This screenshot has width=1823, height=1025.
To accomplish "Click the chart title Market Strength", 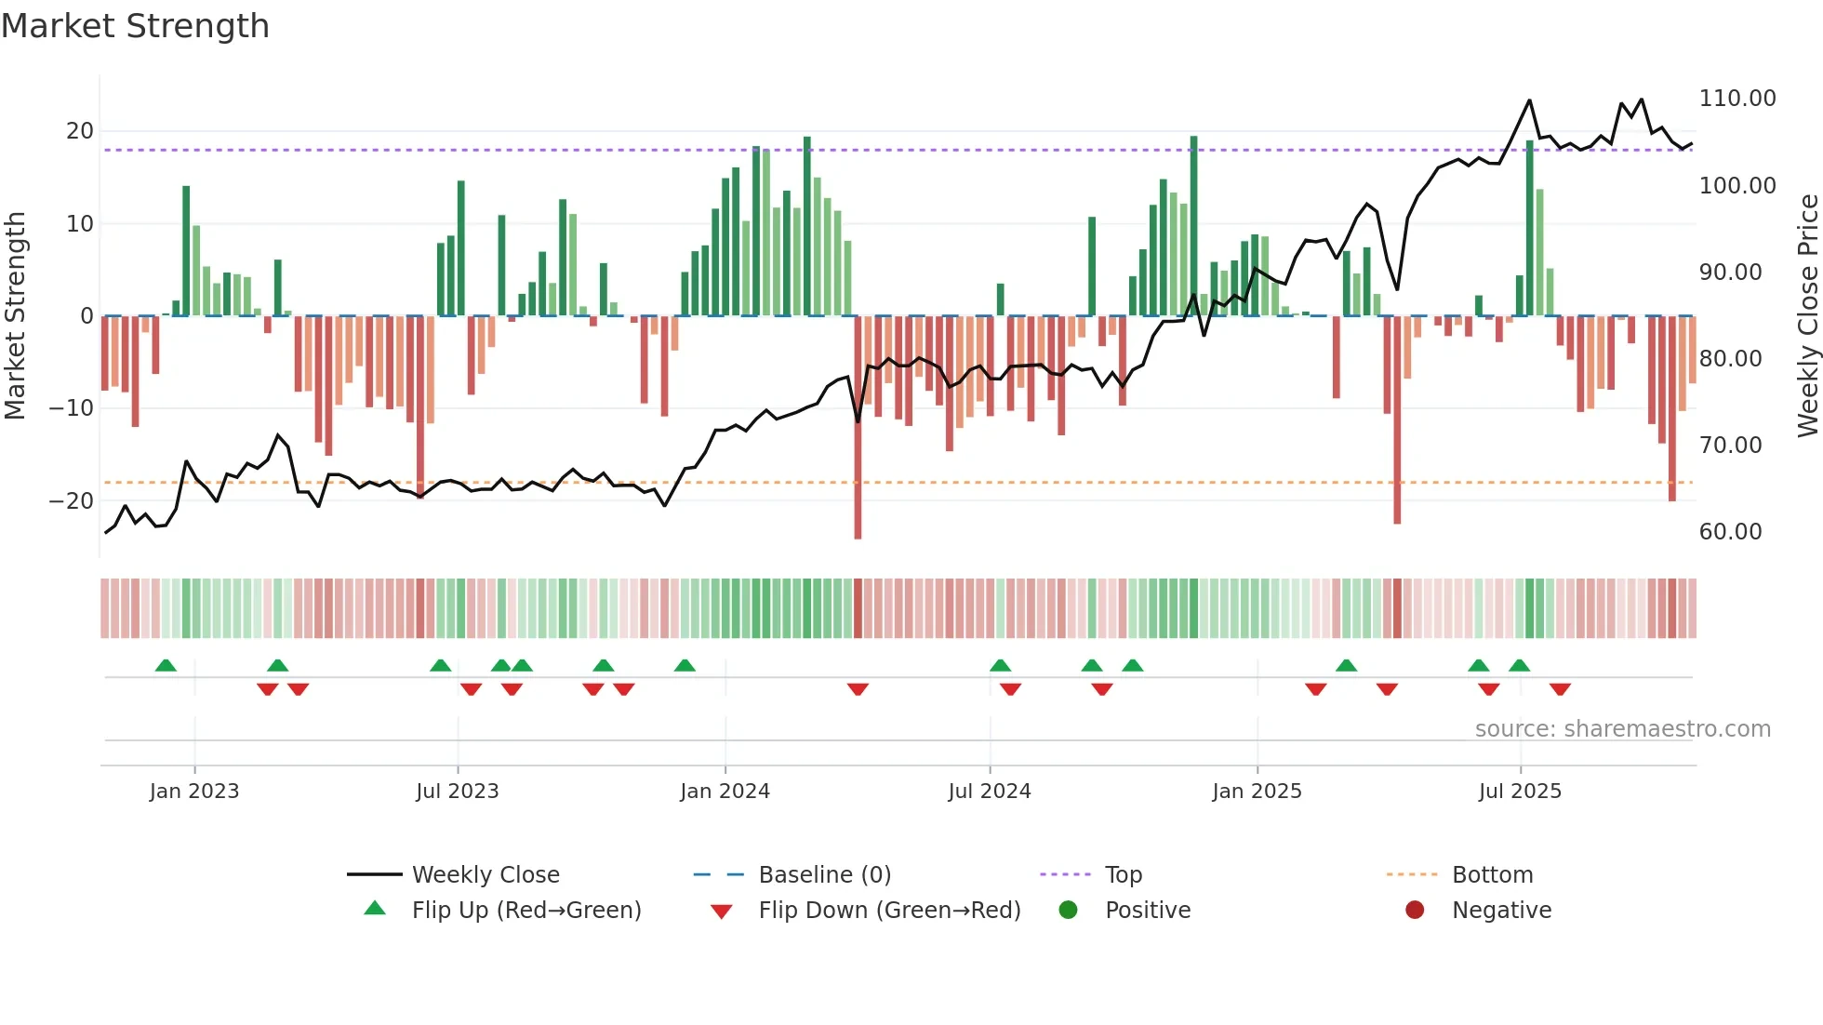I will pyautogui.click(x=135, y=26).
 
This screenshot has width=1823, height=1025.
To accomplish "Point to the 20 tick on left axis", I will pyautogui.click(x=80, y=131).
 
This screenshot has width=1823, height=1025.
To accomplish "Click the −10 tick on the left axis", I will pyautogui.click(x=72, y=408).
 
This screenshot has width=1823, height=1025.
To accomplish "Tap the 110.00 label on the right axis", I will pyautogui.click(x=1737, y=99).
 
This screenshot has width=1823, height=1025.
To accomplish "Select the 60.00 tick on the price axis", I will pyautogui.click(x=1730, y=532).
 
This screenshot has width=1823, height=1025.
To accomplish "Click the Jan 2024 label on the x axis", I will pyautogui.click(x=725, y=792).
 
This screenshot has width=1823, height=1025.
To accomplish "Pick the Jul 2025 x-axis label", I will pyautogui.click(x=1520, y=792).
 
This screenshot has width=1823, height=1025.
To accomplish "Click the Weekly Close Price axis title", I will pyautogui.click(x=1807, y=315).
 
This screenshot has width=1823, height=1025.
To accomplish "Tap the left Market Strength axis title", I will pyautogui.click(x=15, y=315).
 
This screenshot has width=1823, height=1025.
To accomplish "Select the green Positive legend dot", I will pyautogui.click(x=1068, y=911).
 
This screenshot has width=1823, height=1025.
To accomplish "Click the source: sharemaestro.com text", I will pyautogui.click(x=1622, y=729).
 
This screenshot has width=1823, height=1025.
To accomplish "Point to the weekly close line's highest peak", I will pyautogui.click(x=1529, y=100).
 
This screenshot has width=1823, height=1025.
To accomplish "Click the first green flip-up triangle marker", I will pyautogui.click(x=166, y=665).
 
